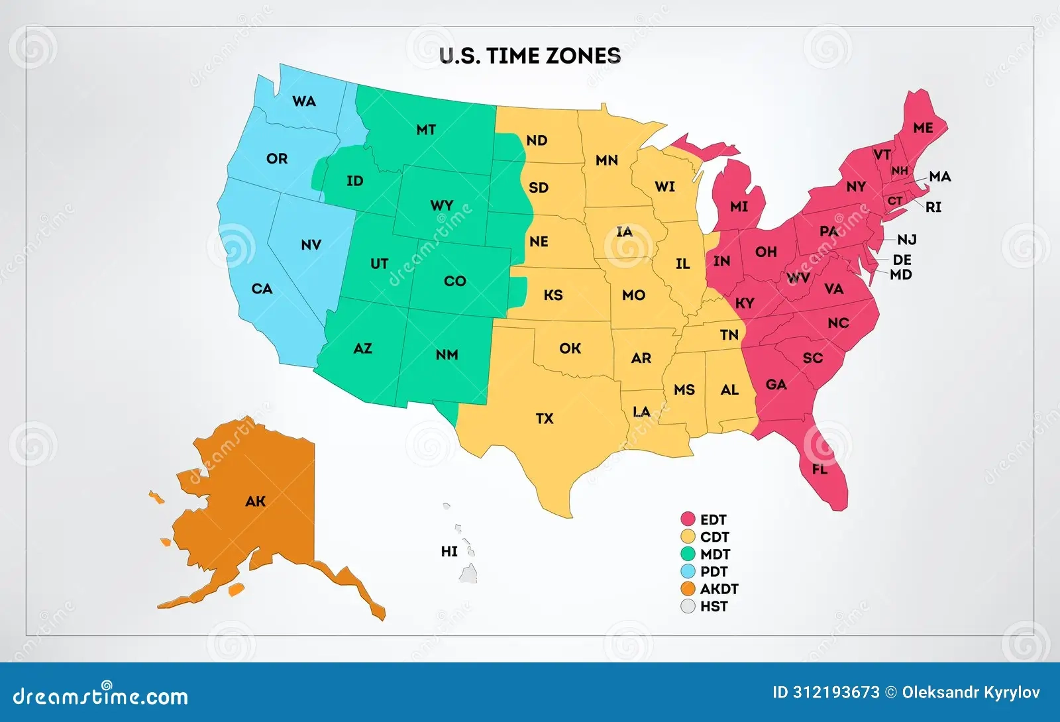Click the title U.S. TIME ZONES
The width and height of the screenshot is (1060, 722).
coord(530,56)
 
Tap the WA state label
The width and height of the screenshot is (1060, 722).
coord(304,101)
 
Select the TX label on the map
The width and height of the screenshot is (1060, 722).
coord(545,419)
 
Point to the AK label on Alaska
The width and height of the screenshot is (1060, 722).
coord(255,501)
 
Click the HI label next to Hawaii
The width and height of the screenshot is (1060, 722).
coord(449,551)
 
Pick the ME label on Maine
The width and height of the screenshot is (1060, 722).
coord(923,128)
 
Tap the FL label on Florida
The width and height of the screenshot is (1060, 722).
coord(820,469)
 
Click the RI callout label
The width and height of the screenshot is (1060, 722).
coord(933,207)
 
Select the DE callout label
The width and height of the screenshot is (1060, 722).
coord(902,260)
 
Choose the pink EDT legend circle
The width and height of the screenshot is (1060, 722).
coord(688,519)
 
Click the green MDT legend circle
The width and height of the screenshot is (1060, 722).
coord(688,554)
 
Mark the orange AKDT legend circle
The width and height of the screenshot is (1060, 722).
coord(688,589)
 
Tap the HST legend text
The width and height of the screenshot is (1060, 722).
coord(714,606)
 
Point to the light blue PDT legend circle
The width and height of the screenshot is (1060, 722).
coord(688,572)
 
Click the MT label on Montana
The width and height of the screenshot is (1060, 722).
coord(426,130)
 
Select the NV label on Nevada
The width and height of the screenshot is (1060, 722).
coord(311,245)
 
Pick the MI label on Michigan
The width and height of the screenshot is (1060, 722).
coord(739,207)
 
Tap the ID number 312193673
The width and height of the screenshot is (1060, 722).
coord(837,693)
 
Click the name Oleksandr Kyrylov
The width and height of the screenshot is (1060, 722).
coord(971,693)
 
